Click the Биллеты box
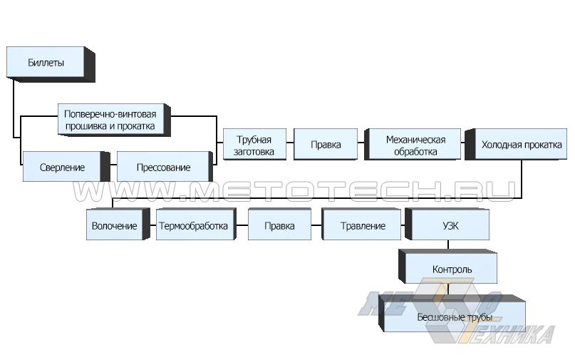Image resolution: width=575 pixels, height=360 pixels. pos(47,63)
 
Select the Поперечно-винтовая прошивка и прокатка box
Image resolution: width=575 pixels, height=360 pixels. pos(115,120)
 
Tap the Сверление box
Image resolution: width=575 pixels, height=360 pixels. pos(63,168)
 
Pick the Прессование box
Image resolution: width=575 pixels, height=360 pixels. pos(163,168)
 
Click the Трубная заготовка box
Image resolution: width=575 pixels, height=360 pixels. pos(254,145)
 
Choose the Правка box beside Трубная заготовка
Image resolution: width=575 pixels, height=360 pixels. pos(325,145)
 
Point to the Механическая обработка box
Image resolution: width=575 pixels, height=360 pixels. pos(415,145)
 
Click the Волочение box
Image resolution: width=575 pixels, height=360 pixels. pos(114,226)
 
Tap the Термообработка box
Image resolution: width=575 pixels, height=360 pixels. pos(194,226)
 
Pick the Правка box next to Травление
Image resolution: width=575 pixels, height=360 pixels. pos(279,226)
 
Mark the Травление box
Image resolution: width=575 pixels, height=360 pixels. pos(363,226)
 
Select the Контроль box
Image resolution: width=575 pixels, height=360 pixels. pos(452,269)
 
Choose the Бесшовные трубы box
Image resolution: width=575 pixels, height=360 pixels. pos(456,317)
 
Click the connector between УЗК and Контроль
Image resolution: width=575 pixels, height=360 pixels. pos(448,245)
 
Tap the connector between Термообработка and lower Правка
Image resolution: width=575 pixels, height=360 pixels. pos(241,226)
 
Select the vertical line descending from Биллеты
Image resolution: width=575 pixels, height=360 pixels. pos(13,107)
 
